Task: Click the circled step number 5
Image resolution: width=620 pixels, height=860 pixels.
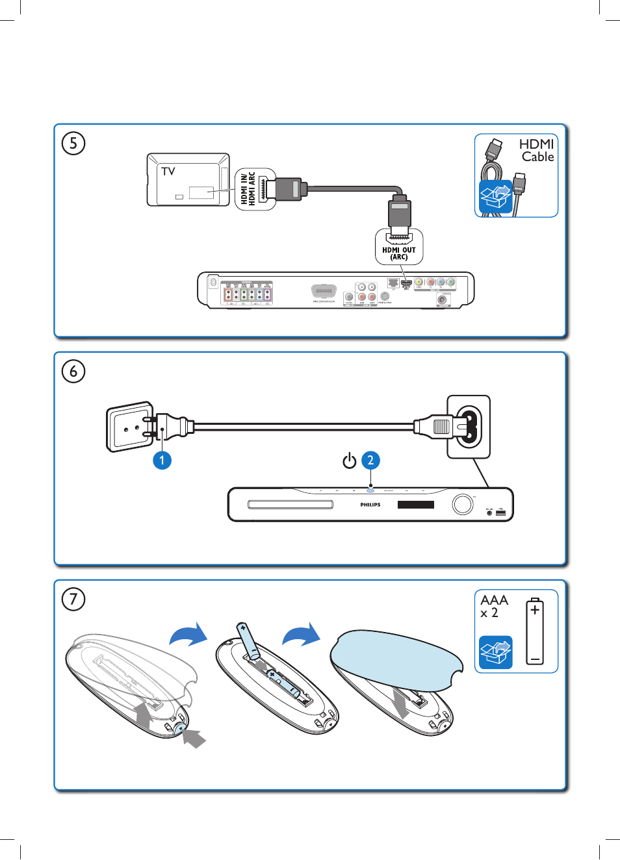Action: point(73,143)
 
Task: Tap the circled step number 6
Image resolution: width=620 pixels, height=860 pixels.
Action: point(73,372)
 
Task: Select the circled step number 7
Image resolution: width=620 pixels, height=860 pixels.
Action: point(73,599)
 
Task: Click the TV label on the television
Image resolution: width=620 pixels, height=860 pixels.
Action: point(168,171)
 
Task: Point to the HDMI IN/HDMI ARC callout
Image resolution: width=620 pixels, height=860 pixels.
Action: point(248,188)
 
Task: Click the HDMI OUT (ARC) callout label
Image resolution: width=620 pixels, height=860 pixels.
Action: point(399,253)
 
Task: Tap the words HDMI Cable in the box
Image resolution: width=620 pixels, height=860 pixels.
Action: point(537,150)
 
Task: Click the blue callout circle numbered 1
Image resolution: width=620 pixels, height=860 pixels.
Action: point(162,461)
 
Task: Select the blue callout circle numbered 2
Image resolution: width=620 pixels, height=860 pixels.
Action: point(370,461)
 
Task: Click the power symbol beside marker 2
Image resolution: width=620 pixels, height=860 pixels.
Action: point(350,461)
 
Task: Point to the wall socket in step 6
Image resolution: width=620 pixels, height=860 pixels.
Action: point(129,426)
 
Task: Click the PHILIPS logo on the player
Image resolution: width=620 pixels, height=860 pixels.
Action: point(370,505)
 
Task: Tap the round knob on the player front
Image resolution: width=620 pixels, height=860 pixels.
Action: point(463,504)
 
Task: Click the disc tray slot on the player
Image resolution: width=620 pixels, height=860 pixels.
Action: point(291,505)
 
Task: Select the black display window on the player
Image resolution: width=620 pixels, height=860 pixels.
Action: point(416,505)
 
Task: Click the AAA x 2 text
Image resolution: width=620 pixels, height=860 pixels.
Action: point(494,606)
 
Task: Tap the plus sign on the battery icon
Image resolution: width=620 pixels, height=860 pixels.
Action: point(534,610)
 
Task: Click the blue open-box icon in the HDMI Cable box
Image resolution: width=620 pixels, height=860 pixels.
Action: point(495,197)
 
